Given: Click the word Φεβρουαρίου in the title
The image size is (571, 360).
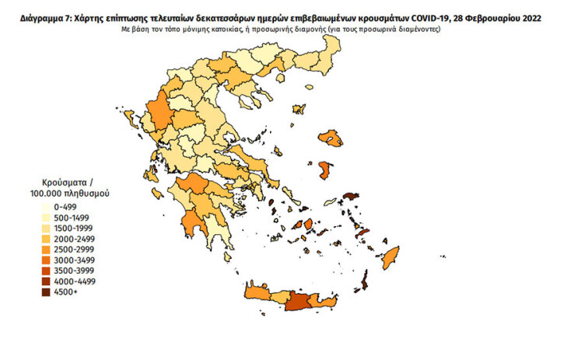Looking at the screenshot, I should (x=489, y=16).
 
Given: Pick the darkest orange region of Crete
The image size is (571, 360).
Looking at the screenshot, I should (x=298, y=302).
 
